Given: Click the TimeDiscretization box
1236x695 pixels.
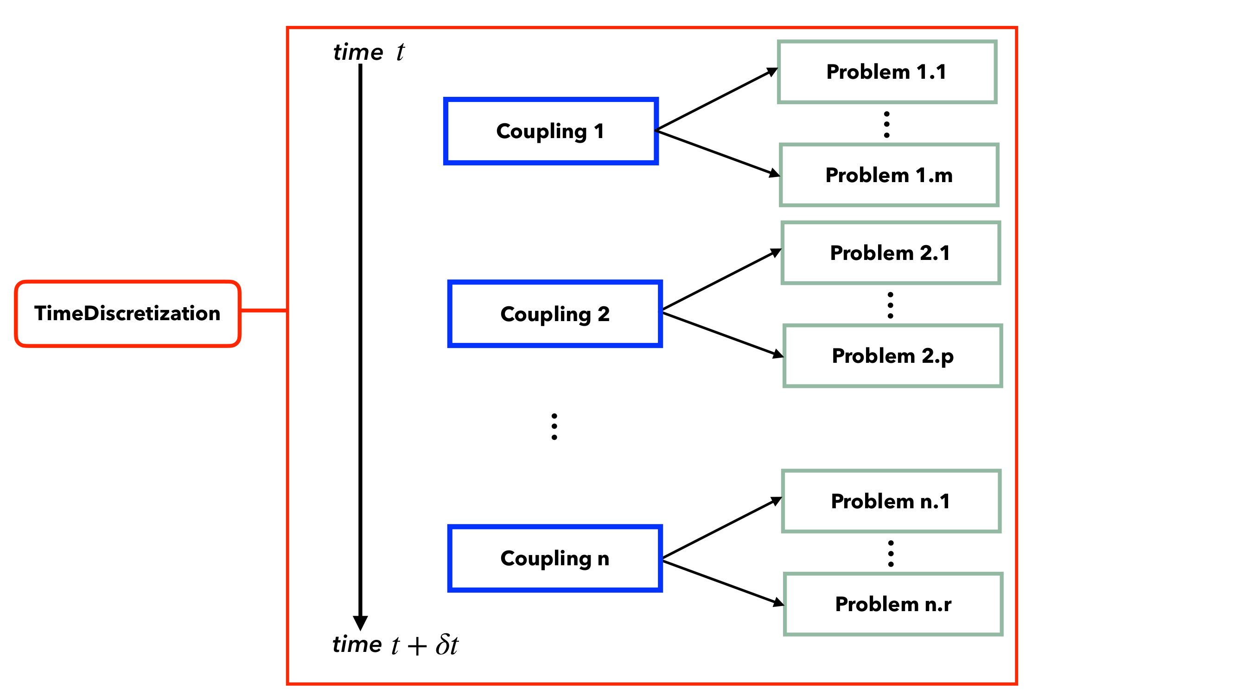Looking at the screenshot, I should coord(127,313).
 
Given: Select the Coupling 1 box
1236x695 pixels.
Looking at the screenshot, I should coord(550,131).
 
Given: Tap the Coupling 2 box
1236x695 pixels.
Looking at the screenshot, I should coord(554,314).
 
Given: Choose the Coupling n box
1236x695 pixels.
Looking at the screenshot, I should coord(554,558).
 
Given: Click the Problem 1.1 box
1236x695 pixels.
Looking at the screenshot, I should coord(887,72).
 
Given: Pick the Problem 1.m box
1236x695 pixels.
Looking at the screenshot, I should coord(889,175).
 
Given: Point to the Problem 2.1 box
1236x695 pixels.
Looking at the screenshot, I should coord(891,253).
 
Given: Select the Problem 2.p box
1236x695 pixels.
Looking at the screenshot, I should coord(892,356).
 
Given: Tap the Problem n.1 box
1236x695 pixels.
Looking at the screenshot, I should coord(891,501).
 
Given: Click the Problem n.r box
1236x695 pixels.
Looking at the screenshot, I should coord(893,604).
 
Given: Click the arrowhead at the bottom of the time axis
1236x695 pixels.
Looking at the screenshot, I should coord(360,623).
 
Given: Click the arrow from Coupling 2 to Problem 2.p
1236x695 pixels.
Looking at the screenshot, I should coord(723,335).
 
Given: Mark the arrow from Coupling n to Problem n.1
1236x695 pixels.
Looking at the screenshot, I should coord(722,528).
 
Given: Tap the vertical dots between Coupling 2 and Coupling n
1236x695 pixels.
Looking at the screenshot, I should coord(554,426).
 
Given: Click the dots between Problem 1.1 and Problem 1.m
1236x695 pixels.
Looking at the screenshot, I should coord(887,125).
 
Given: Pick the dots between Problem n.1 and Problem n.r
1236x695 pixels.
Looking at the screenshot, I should coord(891,554).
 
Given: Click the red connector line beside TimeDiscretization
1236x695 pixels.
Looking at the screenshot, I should coord(263,311).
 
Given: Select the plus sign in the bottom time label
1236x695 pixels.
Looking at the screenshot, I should coord(417,645).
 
